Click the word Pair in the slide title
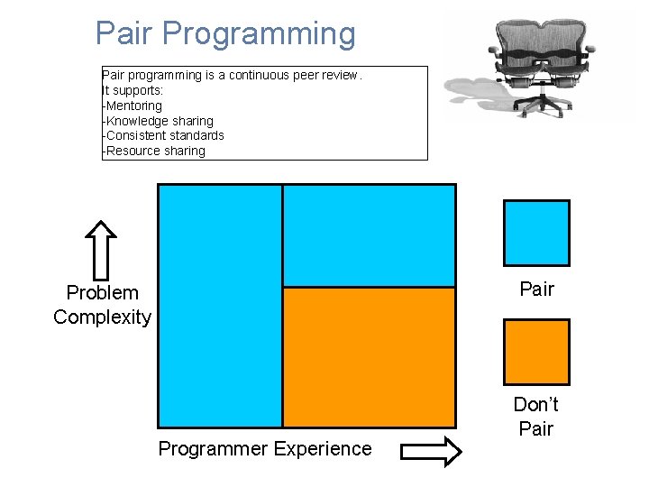pyautogui.click(x=126, y=34)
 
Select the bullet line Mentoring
pyautogui.click(x=134, y=106)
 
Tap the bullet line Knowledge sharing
pyautogui.click(x=160, y=121)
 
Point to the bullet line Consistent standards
pyautogui.click(x=165, y=135)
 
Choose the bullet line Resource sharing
pyautogui.click(x=155, y=151)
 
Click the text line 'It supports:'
pyautogui.click(x=132, y=90)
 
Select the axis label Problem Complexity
pyautogui.click(x=102, y=305)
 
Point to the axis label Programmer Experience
pyautogui.click(x=264, y=449)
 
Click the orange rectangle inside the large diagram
pyautogui.click(x=369, y=356)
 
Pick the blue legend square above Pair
pyautogui.click(x=536, y=233)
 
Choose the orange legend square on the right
pyautogui.click(x=536, y=352)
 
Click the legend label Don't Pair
pyautogui.click(x=536, y=417)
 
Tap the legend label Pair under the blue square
pyautogui.click(x=536, y=289)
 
